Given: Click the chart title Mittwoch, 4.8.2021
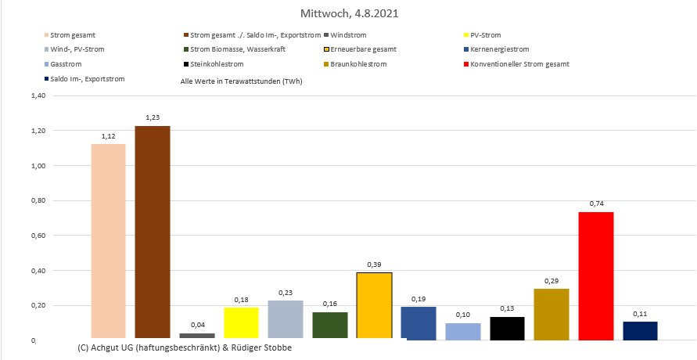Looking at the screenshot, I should click(348, 14).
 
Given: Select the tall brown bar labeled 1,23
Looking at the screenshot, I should click(152, 232).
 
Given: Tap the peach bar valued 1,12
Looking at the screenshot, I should click(108, 242).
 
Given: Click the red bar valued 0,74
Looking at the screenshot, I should click(596, 275).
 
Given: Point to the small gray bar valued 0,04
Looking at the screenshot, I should click(196, 336).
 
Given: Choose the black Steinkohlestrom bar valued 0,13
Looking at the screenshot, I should click(507, 328).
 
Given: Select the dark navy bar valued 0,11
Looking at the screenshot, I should click(640, 330).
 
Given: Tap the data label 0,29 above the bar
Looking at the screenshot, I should click(551, 280).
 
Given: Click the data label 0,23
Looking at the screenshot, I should click(286, 292).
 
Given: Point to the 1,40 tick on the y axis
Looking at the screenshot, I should click(38, 96).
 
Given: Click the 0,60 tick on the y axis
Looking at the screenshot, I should click(38, 236).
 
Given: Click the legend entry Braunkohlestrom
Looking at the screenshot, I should click(360, 63).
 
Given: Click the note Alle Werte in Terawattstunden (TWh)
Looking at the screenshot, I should click(241, 81).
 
